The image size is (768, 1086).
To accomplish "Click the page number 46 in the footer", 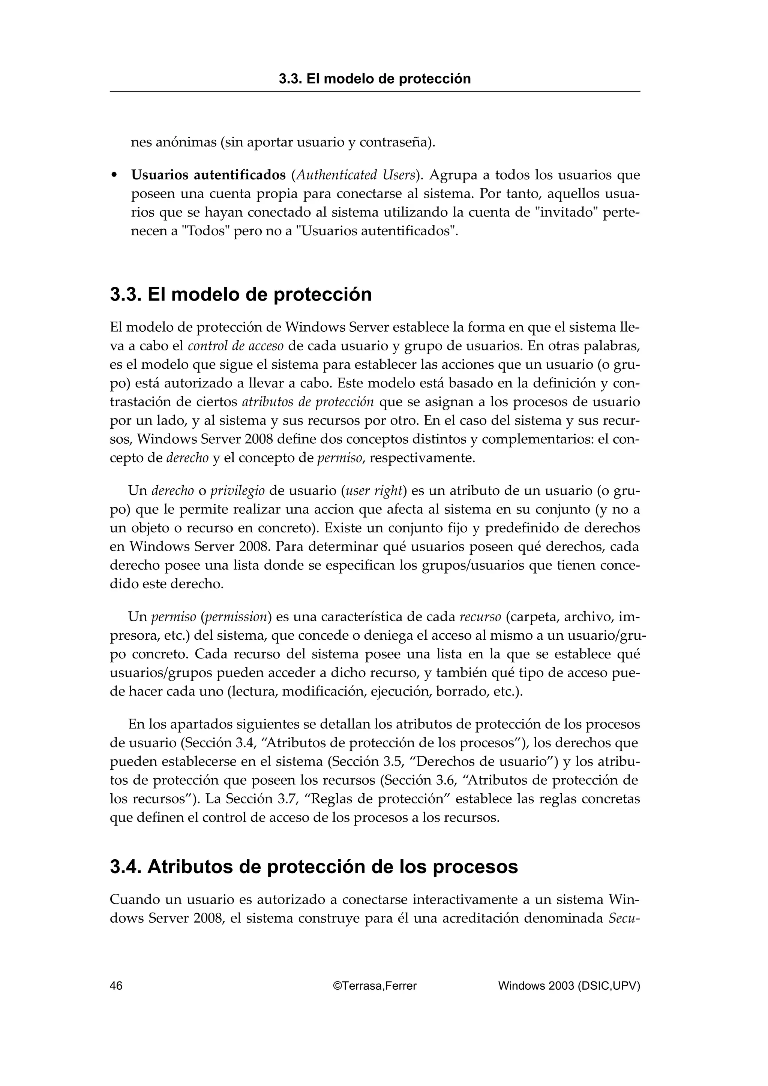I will pyautogui.click(x=116, y=986).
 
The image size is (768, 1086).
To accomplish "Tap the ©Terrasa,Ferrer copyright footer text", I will pyautogui.click(x=375, y=986).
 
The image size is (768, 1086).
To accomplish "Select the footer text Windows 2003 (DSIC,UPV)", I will pyautogui.click(x=569, y=986).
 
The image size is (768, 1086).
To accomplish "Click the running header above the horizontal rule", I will pyautogui.click(x=375, y=79).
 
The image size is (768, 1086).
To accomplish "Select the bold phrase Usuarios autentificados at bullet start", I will pyautogui.click(x=208, y=175).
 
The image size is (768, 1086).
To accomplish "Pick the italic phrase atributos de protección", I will pyautogui.click(x=307, y=402).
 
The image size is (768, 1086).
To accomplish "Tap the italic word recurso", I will pyautogui.click(x=480, y=617).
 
